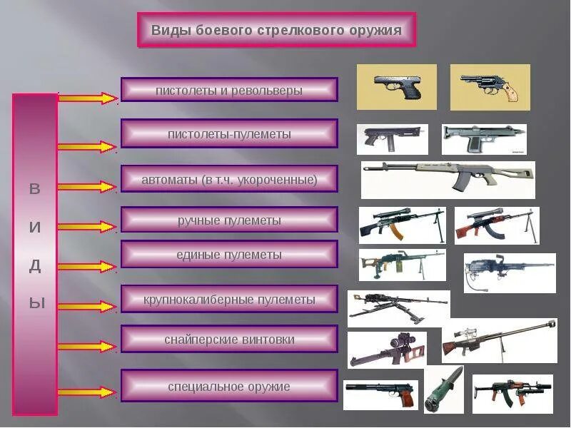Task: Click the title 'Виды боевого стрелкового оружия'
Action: (x=276, y=31)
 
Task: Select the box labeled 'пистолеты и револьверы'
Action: (x=229, y=91)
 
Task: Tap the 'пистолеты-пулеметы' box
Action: (x=229, y=133)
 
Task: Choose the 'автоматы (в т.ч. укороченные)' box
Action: (x=229, y=179)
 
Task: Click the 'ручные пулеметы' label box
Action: (x=229, y=220)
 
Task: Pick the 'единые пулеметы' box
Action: (x=229, y=254)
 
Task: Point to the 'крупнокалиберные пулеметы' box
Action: (x=229, y=300)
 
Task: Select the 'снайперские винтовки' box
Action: (x=229, y=340)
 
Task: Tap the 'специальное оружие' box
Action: (x=229, y=386)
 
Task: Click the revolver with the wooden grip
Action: (x=490, y=87)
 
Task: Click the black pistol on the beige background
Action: (x=396, y=87)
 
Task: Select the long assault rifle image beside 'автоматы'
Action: (x=448, y=179)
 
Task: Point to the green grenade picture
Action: (x=443, y=389)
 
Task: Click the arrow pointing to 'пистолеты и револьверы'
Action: (x=86, y=98)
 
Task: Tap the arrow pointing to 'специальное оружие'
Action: (x=86, y=392)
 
